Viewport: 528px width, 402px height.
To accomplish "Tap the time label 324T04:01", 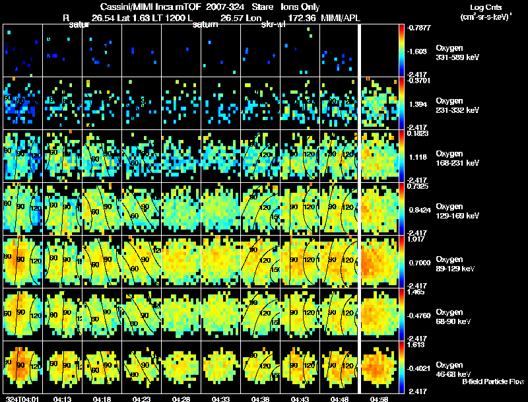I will coord(21,399).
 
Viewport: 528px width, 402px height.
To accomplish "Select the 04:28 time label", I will coord(181,399).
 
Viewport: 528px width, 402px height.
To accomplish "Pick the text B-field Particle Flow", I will coord(492,382).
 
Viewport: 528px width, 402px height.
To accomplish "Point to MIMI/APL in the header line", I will coord(341,17).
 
